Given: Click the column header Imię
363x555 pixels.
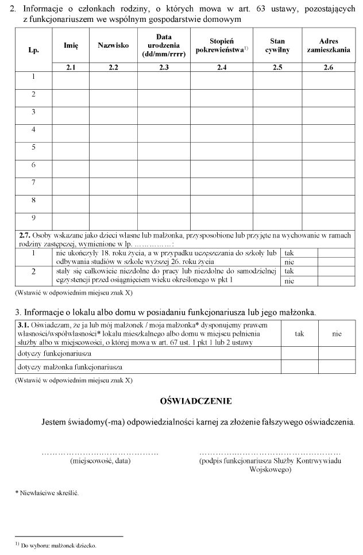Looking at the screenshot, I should (71, 45).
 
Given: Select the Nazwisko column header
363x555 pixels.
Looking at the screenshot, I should (113, 45).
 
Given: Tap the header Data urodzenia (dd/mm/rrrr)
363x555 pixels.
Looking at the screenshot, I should (164, 45).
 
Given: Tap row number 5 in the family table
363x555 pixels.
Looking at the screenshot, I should (34, 147).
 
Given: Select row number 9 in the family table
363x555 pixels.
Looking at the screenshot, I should (34, 218).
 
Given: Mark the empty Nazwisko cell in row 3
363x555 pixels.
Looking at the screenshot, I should (113, 112).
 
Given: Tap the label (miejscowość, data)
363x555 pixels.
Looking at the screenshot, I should (100, 461).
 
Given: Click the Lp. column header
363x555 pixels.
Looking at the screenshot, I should (34, 50).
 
